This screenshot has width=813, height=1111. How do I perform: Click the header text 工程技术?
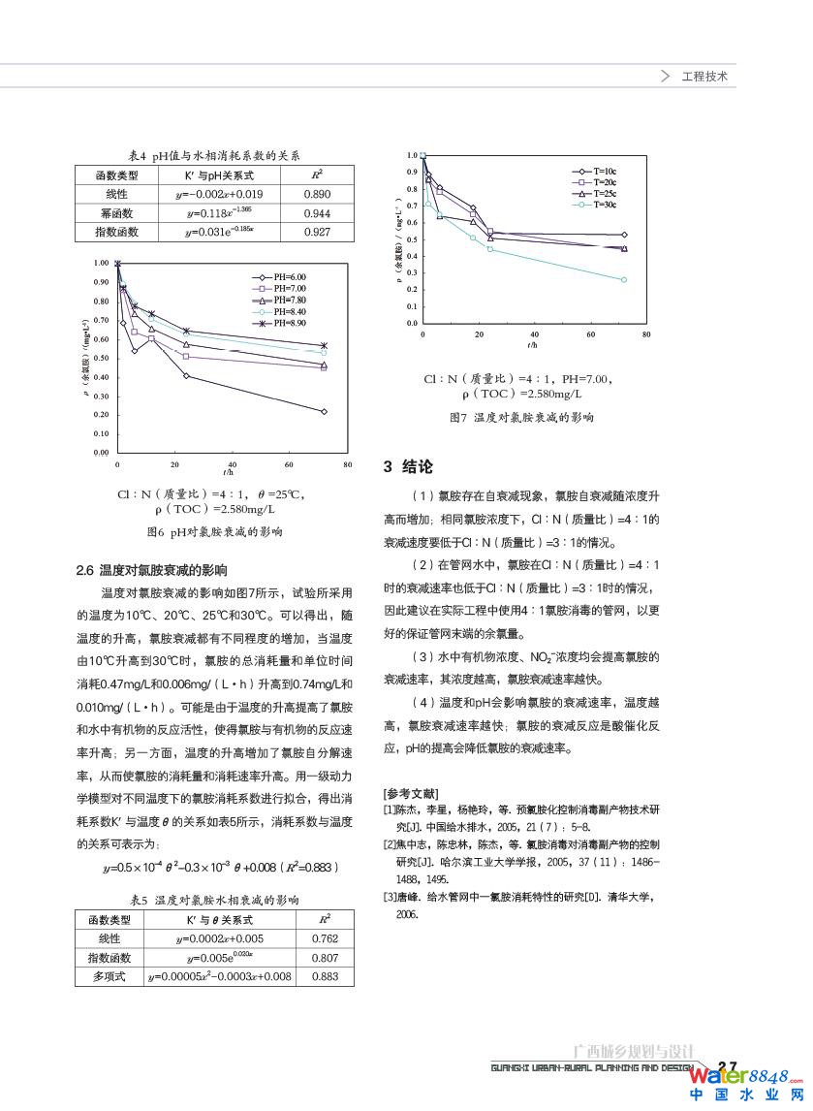pyautogui.click(x=704, y=76)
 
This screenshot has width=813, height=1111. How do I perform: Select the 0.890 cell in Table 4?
pyautogui.click(x=317, y=194)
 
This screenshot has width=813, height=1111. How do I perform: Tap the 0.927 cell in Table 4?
pyautogui.click(x=317, y=233)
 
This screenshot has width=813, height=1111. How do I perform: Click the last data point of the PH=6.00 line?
pyautogui.click(x=324, y=411)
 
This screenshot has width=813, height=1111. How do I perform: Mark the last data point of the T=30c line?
pyautogui.click(x=623, y=279)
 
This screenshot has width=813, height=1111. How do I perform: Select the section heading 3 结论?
pyautogui.click(x=408, y=467)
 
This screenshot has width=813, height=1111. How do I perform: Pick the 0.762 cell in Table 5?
pyautogui.click(x=326, y=938)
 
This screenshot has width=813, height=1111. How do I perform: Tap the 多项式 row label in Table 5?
pyautogui.click(x=109, y=976)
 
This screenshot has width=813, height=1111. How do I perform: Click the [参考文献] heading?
pyautogui.click(x=410, y=793)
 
